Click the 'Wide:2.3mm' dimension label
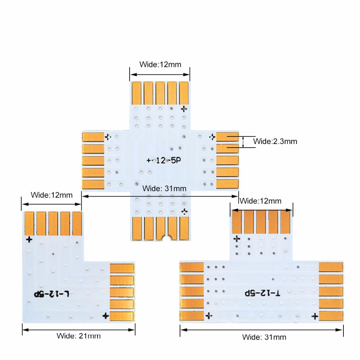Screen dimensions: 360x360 click(275, 141)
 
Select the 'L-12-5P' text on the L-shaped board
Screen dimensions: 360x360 click(51, 294)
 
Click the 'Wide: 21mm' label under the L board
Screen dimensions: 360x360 click(78, 336)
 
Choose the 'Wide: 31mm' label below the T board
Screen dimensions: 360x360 click(264, 337)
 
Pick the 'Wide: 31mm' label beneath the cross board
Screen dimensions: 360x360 click(165, 188)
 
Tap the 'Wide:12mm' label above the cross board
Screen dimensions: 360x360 click(160, 65)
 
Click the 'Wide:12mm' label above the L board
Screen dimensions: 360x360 click(51, 195)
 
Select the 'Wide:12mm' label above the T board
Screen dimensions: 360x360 click(261, 201)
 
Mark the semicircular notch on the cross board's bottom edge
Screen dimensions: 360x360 click(166, 238)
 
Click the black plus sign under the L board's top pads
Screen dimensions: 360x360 click(29, 239)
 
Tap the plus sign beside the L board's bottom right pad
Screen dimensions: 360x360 click(105, 316)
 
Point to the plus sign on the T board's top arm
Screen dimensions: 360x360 click(237, 238)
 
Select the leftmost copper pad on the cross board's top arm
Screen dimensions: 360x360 click(136, 93)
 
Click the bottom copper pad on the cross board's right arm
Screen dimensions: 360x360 click(228, 184)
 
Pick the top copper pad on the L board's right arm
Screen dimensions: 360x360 click(122, 268)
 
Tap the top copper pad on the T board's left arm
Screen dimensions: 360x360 click(192, 267)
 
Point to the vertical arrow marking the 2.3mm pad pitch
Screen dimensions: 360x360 click(244, 141)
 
